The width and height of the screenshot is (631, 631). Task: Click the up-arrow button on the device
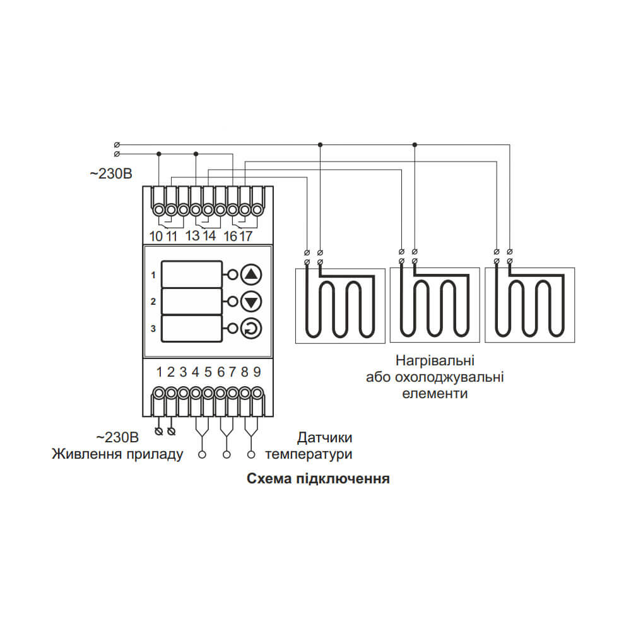(251, 275)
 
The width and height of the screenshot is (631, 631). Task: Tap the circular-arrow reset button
(251, 328)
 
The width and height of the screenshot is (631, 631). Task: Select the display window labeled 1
(192, 275)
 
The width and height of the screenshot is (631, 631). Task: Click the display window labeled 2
(192, 302)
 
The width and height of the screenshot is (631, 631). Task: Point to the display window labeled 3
(192, 328)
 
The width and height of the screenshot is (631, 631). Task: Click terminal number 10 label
(156, 236)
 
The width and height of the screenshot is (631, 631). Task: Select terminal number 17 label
(245, 236)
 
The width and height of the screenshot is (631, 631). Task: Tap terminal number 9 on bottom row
(257, 372)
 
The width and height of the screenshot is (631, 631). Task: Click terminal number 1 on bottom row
(159, 372)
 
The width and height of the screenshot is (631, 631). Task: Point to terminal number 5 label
(208, 372)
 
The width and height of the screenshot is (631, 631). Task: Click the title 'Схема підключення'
(318, 478)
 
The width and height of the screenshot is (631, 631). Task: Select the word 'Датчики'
(324, 438)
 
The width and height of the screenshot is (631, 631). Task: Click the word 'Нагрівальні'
(435, 362)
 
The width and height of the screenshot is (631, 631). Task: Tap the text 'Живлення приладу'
(117, 454)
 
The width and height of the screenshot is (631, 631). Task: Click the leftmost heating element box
(340, 305)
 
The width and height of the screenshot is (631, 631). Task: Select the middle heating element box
(435, 305)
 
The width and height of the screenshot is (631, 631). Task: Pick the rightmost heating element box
(530, 305)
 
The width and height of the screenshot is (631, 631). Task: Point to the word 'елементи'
(435, 394)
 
